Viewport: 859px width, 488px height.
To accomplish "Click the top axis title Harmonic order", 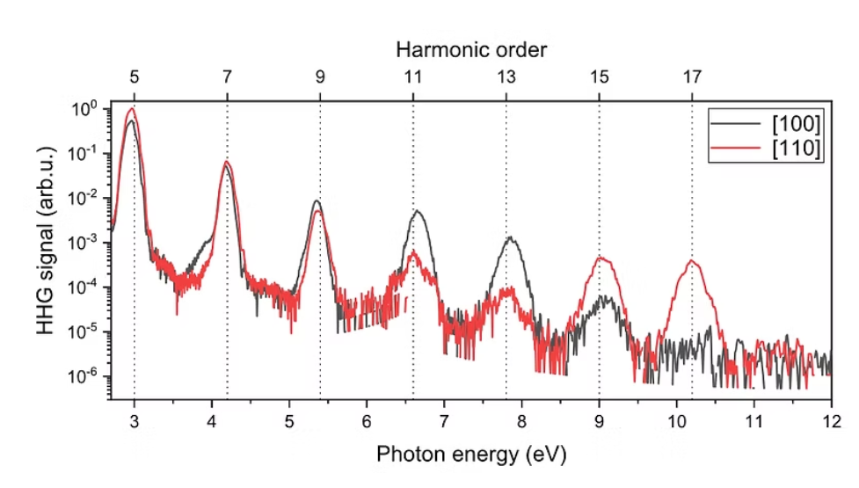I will click(x=470, y=49).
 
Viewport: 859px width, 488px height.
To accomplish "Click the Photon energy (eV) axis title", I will click(x=470, y=455).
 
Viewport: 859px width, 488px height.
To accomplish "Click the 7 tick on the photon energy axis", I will click(x=444, y=420).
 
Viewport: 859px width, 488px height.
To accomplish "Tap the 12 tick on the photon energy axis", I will click(x=831, y=420).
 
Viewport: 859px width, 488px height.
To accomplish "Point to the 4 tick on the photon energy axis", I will click(x=211, y=420).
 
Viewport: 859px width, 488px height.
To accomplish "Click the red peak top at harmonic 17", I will click(x=692, y=260).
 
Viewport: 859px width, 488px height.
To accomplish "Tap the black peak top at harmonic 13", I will click(x=511, y=238).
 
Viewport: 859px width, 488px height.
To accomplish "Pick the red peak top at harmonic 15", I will click(x=601, y=258).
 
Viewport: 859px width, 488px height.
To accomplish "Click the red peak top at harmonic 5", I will click(x=133, y=109).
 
